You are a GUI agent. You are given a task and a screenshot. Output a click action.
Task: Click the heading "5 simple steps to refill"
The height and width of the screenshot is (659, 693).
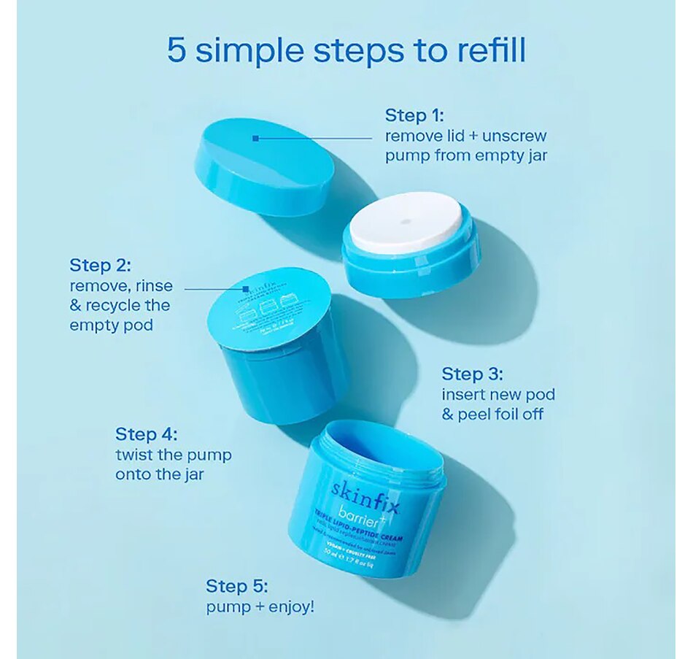pos(346,50)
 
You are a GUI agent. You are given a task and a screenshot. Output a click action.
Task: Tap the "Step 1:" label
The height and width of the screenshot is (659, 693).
pos(414,115)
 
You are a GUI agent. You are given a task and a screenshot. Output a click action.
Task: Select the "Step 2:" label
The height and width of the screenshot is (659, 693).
pos(99,264)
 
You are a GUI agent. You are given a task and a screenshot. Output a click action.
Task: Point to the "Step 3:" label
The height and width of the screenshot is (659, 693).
pos(472,374)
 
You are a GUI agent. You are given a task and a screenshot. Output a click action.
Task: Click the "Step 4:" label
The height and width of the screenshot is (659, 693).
pos(146,434)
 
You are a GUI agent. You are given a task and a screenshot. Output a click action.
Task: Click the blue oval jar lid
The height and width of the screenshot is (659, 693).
pos(264,166)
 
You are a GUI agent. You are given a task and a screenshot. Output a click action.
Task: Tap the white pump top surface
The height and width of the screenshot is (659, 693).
pos(406,221)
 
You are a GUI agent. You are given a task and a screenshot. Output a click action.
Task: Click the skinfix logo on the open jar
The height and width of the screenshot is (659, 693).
pos(364,493)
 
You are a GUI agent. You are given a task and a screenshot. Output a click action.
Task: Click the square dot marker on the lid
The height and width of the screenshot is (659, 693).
pos(255,137)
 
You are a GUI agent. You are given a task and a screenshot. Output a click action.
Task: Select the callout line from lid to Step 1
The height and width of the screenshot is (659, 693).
pos(314,137)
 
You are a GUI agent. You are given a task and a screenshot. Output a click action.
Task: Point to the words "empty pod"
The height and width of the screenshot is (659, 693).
pos(111,325)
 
